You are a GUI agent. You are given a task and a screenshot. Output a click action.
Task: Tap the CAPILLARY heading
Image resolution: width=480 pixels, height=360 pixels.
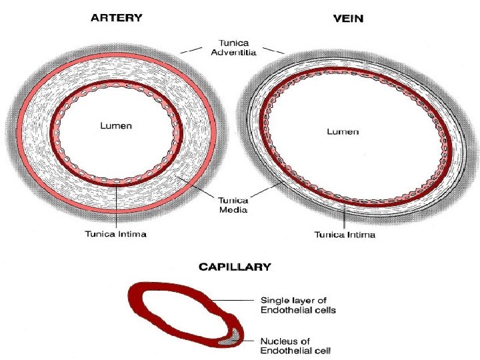click(235, 267)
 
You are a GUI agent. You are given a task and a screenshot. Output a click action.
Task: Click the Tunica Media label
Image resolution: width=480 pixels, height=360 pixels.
click(233, 205)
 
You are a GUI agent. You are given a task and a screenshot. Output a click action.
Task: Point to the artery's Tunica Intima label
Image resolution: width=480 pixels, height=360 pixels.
click(116, 233)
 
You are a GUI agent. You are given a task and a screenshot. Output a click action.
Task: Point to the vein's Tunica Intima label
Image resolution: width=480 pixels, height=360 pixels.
click(345, 234)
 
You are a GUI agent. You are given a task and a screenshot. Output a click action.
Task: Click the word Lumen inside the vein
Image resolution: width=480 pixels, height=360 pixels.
click(343, 132)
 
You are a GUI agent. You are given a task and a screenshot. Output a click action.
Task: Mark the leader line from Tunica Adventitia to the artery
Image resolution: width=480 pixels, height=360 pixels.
click(192, 49)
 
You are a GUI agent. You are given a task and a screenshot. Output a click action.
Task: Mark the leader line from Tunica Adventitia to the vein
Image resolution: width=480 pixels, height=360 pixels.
click(273, 49)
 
